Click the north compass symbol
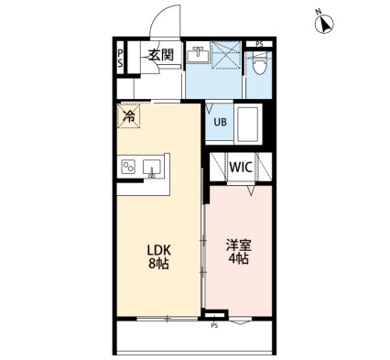pyautogui.click(x=324, y=23)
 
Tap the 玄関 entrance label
pyautogui.click(x=161, y=55)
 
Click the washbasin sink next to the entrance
pyautogui.click(x=199, y=55)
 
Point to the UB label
pyautogui.click(x=220, y=122)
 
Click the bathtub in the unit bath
pyautogui.click(x=248, y=125)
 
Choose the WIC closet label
pyautogui.click(x=241, y=167)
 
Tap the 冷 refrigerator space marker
pyautogui.click(x=129, y=115)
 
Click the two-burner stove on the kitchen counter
pyautogui.click(x=128, y=167)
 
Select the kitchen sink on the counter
pyautogui.click(x=152, y=168)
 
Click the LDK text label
pyautogui.click(x=158, y=250)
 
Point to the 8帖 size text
pyautogui.click(x=158, y=264)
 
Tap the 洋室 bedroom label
pyautogui.click(x=239, y=245)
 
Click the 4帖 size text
pyautogui.click(x=239, y=259)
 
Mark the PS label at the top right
pyautogui.click(x=259, y=44)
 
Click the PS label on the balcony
pyautogui.click(x=214, y=326)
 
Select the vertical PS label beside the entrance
pyautogui.click(x=121, y=59)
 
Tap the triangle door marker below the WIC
pyautogui.click(x=251, y=191)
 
